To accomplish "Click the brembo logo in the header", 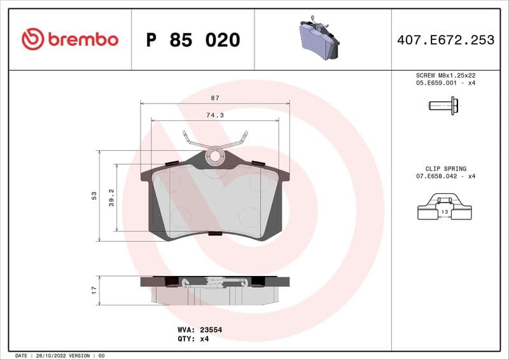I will (70, 39).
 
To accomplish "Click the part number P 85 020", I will (193, 40).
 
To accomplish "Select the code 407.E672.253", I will (445, 40).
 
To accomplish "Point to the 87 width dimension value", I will (215, 98).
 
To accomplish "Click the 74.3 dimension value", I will (214, 115).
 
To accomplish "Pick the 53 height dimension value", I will (94, 195).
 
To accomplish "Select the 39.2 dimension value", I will (110, 197).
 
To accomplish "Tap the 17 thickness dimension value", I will (94, 289).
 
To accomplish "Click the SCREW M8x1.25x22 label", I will (445, 75).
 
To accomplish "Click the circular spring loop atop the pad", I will (216, 155).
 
